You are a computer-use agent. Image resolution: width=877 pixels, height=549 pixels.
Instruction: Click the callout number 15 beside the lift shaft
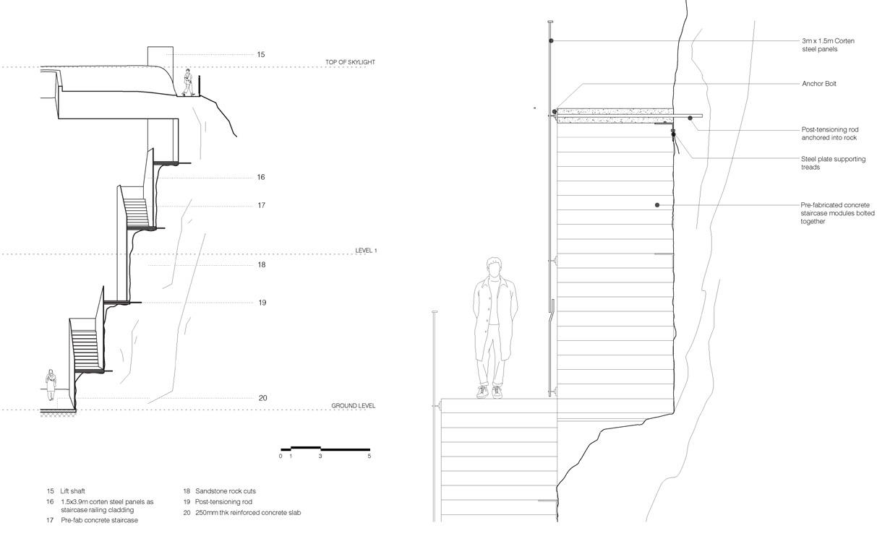[x=261, y=55]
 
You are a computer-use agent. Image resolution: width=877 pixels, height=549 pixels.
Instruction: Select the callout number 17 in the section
[x=261, y=206]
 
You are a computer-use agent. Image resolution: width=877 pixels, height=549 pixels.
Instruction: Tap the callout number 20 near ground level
[x=262, y=398]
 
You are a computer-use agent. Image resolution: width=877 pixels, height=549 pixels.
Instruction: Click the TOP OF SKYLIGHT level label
[x=350, y=63]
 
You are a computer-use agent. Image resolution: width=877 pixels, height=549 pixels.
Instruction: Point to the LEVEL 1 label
[x=366, y=251]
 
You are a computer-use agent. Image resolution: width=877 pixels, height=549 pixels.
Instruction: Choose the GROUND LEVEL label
[x=353, y=406]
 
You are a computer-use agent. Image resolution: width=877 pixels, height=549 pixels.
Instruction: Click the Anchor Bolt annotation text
[x=818, y=84]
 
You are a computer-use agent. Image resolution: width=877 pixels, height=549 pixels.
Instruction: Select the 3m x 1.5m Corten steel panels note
[x=828, y=45]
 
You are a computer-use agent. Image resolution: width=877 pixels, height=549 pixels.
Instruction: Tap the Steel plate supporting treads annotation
[x=833, y=163]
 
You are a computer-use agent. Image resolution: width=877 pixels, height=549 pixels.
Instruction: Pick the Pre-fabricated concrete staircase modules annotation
[x=837, y=213]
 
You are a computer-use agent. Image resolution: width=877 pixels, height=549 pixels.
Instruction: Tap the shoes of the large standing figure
[x=489, y=392]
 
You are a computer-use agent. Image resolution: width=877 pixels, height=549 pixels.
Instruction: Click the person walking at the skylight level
[x=188, y=82]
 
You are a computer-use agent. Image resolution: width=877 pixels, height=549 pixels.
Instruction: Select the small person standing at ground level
[x=51, y=384]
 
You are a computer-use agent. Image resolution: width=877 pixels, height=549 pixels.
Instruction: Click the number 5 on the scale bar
[x=369, y=457]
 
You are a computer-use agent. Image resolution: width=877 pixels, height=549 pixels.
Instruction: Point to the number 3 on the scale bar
[x=320, y=457]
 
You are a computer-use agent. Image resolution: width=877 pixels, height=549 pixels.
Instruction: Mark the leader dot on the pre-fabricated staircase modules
[x=657, y=205]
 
